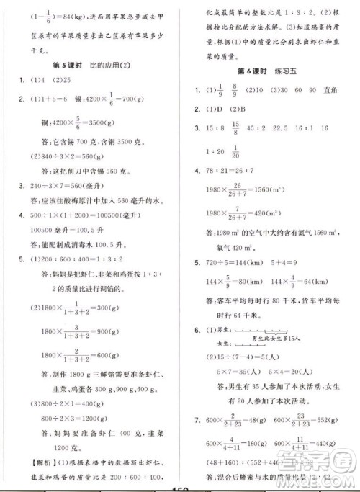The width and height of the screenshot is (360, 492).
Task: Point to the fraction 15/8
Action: tap(234, 129)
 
